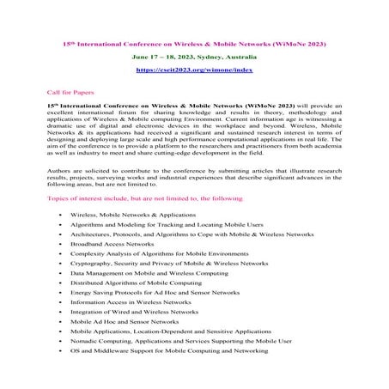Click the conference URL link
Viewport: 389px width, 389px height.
point(193,69)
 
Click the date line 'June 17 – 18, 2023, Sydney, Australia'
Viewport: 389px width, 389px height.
point(193,55)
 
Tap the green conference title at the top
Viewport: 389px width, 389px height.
point(194,41)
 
